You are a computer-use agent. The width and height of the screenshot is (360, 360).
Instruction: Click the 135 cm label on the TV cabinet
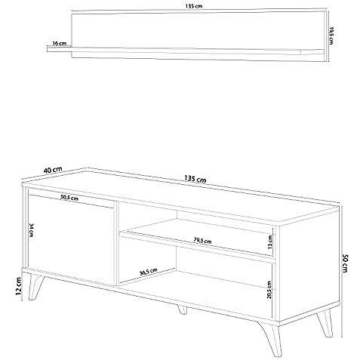pos(195,180)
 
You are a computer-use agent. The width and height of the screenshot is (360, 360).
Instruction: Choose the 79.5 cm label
pos(201,241)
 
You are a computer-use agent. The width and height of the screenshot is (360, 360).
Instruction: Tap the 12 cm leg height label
pos(11,286)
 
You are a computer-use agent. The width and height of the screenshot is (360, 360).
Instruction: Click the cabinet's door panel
pos(72,238)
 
